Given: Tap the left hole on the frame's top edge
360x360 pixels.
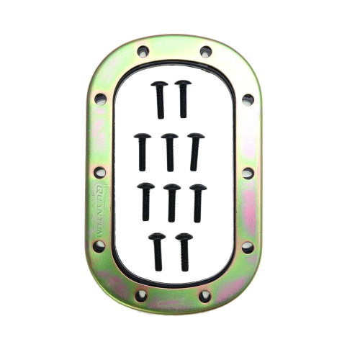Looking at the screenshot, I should click(143, 52).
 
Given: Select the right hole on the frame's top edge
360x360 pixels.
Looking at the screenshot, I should click(205, 52).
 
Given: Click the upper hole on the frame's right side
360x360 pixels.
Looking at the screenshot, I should click(248, 99).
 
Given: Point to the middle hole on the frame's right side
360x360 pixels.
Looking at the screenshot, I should click(248, 173).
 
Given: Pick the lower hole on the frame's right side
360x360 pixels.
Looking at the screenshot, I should click(247, 246).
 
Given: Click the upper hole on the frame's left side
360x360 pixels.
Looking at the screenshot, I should click(100, 99).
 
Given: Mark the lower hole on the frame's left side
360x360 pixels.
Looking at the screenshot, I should click(99, 246).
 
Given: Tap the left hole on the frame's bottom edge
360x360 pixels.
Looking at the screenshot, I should click(141, 295).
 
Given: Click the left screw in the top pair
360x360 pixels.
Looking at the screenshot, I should click(160, 99).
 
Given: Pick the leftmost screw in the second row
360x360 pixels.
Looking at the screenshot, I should click(143, 151).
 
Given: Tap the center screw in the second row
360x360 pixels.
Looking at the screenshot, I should click(170, 151).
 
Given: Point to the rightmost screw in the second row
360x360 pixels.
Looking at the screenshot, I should click(195, 151).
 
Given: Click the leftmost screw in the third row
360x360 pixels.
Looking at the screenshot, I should click(145, 202).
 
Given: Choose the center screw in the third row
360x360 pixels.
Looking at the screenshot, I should click(172, 202).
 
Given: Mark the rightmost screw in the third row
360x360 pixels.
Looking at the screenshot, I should click(198, 202).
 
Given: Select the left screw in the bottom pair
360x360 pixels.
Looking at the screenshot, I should click(157, 251).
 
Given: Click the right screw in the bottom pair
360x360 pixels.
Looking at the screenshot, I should click(184, 251).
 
